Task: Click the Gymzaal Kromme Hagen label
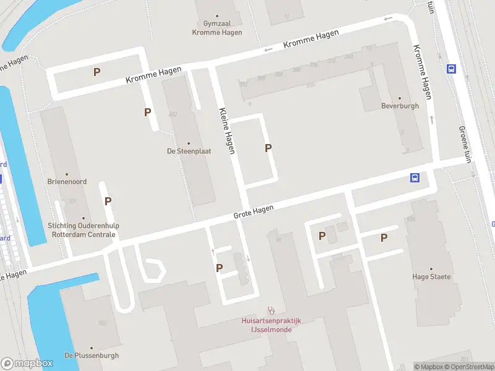click(x=217, y=28)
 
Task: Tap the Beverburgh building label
click(x=400, y=106)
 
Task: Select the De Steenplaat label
click(x=189, y=151)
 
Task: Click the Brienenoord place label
click(x=67, y=182)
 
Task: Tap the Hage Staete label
click(x=433, y=276)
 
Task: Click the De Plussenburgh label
click(x=92, y=356)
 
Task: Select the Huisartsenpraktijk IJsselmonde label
click(x=271, y=325)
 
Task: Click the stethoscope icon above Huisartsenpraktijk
click(x=270, y=310)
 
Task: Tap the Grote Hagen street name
click(x=253, y=212)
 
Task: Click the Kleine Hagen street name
click(x=227, y=131)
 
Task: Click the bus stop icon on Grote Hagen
click(x=415, y=178)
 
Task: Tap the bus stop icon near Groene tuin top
click(x=452, y=69)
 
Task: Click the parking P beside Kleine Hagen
click(x=268, y=148)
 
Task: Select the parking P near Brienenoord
click(x=108, y=201)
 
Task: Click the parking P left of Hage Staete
click(x=384, y=237)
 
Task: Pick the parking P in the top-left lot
click(x=97, y=72)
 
